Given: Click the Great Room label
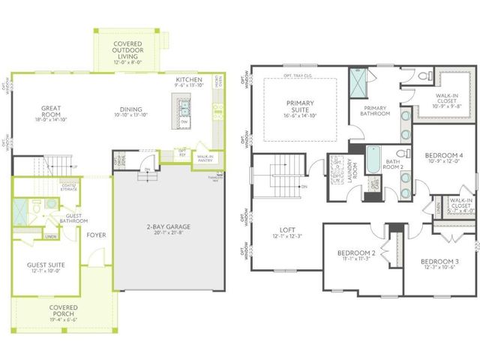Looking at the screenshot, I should click(55, 110).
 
